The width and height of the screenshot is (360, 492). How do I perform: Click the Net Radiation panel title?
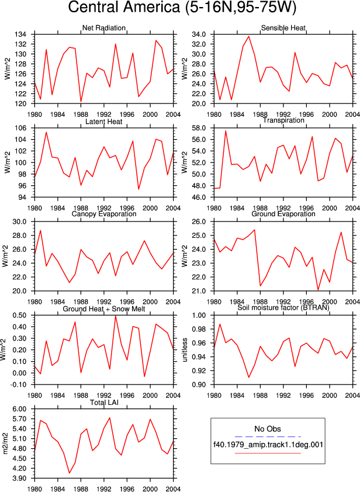pos(104,28)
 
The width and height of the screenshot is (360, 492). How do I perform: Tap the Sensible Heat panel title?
pos(283,28)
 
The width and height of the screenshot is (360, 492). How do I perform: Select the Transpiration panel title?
pos(283,120)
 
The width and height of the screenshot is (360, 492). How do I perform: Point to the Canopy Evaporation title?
pos(104,214)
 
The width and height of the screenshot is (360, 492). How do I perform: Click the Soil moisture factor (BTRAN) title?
pos(283,307)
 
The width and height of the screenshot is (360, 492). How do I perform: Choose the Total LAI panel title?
pos(104,402)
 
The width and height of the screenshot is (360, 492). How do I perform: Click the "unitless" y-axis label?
pos(185,350)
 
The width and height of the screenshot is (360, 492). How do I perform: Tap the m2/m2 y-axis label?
pos(5,444)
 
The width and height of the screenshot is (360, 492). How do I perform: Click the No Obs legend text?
pos(268,429)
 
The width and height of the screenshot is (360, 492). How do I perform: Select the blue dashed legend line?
pos(268,436)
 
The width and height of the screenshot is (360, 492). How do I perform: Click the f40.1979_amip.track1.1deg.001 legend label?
pos(268,445)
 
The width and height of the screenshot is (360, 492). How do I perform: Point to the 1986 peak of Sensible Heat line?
pos(249,36)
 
